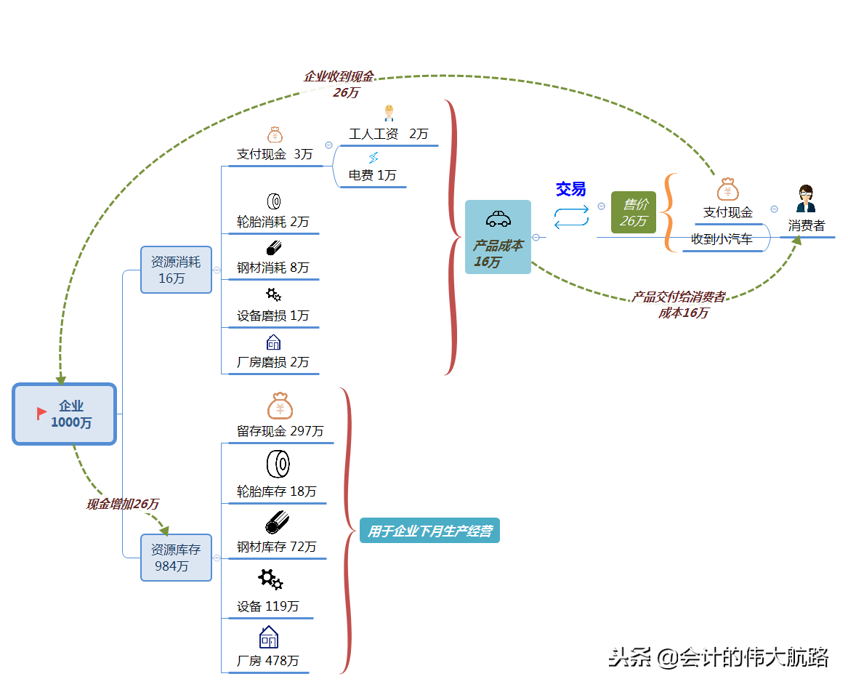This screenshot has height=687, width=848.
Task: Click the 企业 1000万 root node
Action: pyautogui.click(x=65, y=414)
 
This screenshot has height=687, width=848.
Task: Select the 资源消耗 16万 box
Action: pyautogui.click(x=176, y=270)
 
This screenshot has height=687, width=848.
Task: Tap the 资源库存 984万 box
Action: pyautogui.click(x=176, y=558)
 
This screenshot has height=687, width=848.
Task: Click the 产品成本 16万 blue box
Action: pyautogui.click(x=498, y=238)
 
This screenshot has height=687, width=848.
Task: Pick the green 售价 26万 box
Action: pyautogui.click(x=634, y=212)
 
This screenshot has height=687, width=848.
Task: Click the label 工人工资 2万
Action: pyautogui.click(x=388, y=134)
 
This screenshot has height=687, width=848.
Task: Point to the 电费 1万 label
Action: pyautogui.click(x=372, y=175)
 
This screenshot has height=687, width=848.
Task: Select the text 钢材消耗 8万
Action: pyautogui.click(x=272, y=268)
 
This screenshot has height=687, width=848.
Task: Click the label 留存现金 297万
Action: pyautogui.click(x=280, y=431)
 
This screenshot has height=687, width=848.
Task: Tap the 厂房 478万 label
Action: pyautogui.click(x=267, y=661)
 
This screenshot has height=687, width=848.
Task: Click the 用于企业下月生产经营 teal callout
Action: pyautogui.click(x=429, y=531)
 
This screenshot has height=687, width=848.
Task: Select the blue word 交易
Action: pyautogui.click(x=570, y=189)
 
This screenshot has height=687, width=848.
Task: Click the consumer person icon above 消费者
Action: pyautogui.click(x=806, y=198)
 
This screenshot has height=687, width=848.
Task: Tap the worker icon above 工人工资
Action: pyautogui.click(x=389, y=112)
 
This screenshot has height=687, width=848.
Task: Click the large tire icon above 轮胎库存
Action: pyautogui.click(x=278, y=463)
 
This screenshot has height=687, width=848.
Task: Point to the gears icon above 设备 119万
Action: pyautogui.click(x=270, y=579)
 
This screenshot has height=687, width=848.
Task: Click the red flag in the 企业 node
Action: pyautogui.click(x=42, y=413)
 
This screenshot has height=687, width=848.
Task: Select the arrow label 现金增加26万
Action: pyautogui.click(x=122, y=504)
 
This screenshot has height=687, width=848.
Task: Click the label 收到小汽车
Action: pyautogui.click(x=722, y=239)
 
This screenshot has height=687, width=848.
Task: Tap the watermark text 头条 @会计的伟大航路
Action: pyautogui.click(x=718, y=657)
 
